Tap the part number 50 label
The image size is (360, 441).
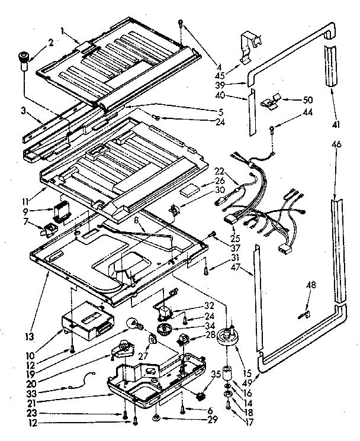307,99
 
